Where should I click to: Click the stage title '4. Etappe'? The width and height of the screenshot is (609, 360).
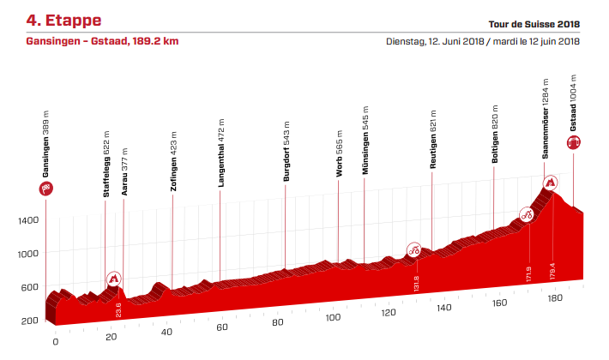point(63,18)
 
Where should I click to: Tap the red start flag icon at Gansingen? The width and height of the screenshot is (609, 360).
point(45,189)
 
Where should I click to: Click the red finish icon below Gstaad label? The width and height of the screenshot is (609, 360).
point(573,144)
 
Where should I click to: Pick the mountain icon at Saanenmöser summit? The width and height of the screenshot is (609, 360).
point(550,183)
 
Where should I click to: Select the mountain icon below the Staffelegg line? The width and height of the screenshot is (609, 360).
point(114,279)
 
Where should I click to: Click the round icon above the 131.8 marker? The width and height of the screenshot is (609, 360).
point(413,250)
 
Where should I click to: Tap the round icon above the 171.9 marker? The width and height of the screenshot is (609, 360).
point(528,214)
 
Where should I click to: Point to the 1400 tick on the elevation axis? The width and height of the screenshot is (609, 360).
point(28,220)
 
